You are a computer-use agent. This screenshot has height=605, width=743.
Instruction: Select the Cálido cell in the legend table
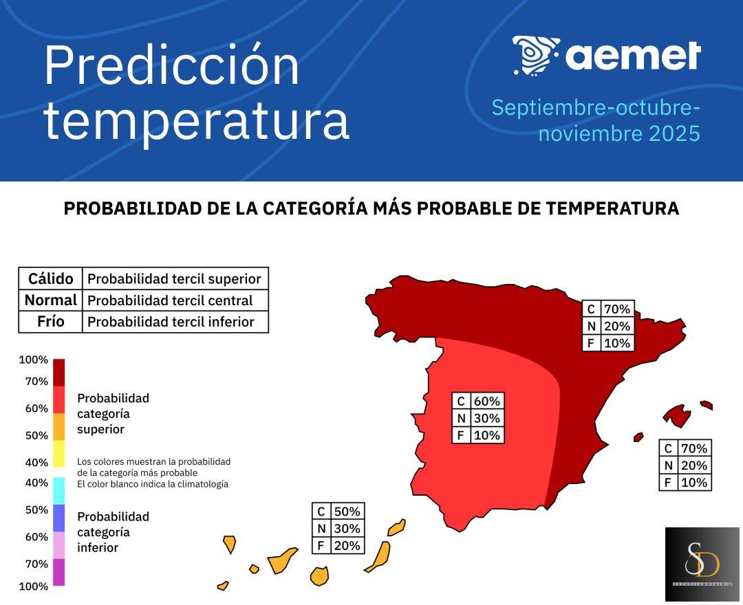click(50, 278)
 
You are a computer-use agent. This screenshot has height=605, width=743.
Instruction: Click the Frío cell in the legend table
click(50, 322)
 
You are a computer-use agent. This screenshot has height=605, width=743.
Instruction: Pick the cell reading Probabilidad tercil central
click(170, 300)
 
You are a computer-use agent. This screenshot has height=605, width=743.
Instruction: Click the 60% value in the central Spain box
click(487, 401)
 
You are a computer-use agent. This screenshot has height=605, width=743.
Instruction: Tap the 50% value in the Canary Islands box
click(347, 511)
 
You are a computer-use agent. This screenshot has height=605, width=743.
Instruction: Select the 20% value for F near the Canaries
click(347, 546)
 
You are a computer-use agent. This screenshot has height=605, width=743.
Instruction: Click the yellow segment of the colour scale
click(58, 454)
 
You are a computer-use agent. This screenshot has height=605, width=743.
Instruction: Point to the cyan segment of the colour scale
click(58, 491)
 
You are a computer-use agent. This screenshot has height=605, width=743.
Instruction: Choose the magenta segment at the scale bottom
click(58, 572)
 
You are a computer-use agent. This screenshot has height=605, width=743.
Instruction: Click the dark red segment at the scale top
click(58, 372)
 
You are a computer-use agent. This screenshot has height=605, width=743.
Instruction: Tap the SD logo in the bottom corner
click(702, 564)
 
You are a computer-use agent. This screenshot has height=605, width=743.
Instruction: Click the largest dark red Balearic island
click(678, 415)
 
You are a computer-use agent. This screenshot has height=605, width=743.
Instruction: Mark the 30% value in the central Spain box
click(487, 418)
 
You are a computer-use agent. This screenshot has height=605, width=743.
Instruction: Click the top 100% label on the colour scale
click(33, 360)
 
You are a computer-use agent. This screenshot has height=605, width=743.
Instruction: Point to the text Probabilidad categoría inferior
click(113, 532)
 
